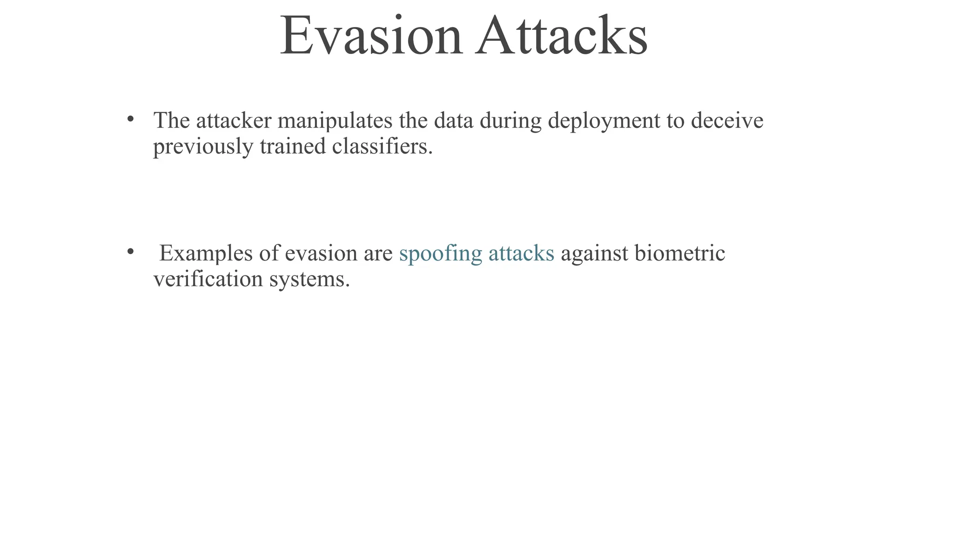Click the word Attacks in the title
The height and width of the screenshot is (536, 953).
[562, 36]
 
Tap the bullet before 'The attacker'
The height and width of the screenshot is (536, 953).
[131, 119]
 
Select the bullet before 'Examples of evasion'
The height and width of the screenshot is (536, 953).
[131, 252]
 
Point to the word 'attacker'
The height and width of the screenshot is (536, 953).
[234, 121]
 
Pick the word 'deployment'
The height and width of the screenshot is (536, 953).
[604, 122]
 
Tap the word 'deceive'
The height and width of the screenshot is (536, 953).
[727, 121]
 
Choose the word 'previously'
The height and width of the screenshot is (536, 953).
[203, 147]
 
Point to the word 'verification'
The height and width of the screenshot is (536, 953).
[208, 280]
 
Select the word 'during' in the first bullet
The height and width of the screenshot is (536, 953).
[510, 122]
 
